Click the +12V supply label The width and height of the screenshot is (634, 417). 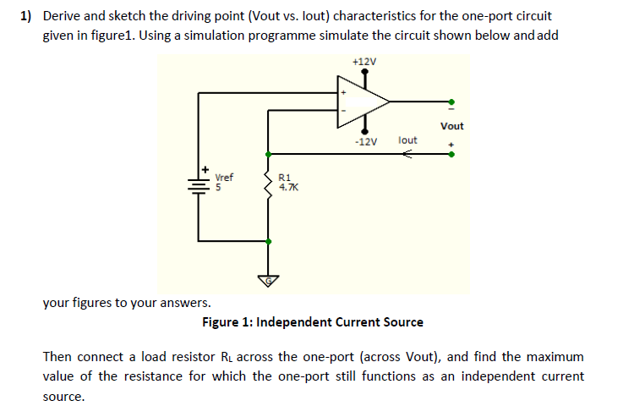[364, 62]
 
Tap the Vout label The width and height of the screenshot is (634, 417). [452, 126]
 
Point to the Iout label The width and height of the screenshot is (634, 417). [407, 140]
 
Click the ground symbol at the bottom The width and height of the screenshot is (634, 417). [269, 281]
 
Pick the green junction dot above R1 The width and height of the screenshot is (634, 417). [269, 155]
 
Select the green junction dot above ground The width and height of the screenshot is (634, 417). [269, 242]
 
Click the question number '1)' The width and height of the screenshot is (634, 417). [27, 15]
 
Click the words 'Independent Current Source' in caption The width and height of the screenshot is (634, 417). [340, 322]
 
